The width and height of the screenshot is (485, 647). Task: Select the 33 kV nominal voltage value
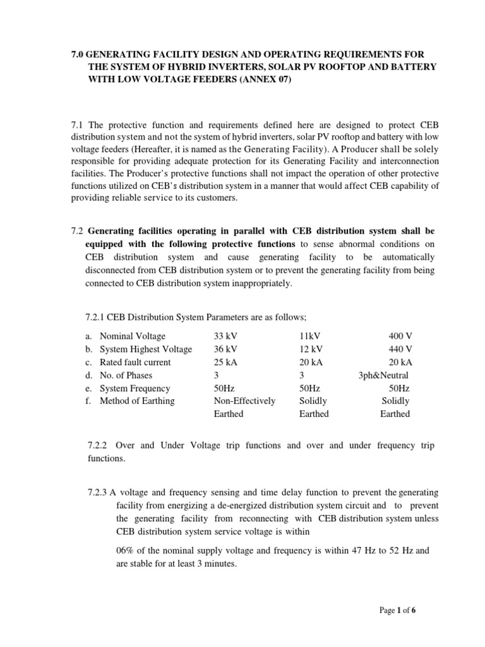click(227, 336)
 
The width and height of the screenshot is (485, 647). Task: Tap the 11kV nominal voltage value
click(311, 336)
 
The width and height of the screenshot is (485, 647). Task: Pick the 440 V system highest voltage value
click(399, 349)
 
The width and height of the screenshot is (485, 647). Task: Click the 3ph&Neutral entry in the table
click(385, 375)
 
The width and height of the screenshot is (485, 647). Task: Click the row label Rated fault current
click(135, 362)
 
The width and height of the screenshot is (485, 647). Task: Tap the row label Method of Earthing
click(137, 401)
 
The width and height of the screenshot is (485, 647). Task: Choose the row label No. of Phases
click(129, 375)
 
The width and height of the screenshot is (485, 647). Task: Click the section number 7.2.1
click(95, 317)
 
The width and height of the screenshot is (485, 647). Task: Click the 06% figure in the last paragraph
click(127, 550)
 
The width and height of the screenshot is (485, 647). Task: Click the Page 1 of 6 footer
click(398, 610)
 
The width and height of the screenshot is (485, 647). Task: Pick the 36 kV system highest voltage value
click(227, 349)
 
